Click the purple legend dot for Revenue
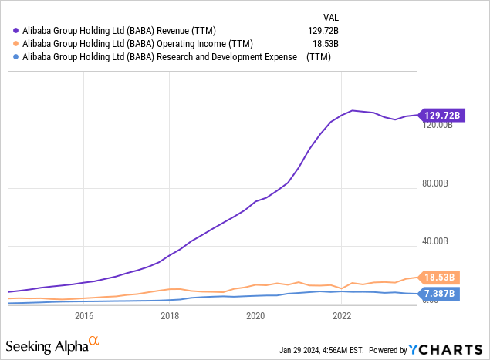pos(16,30)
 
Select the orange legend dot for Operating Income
pos(16,43)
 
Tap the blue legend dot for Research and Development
pos(16,56)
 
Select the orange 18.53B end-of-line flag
pos(441,278)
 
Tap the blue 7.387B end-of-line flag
pos(441,294)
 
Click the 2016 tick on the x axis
pos(84,315)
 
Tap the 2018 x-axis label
pos(170,315)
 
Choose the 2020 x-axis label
pos(255,315)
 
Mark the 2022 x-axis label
pos(342,315)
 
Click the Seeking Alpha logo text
pos(48,344)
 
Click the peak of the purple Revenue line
pos(353,110)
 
